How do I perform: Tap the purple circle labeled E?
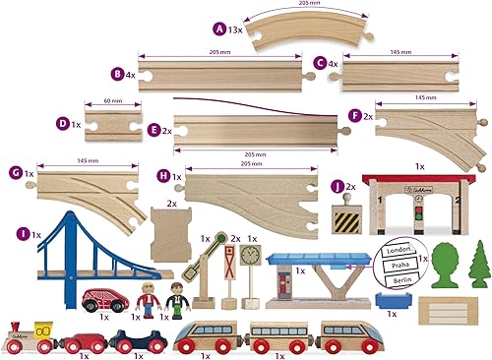pos(153,130)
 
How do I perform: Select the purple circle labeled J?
pos(338,184)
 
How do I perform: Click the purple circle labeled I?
pos(23,234)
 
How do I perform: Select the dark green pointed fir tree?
pos(479,262)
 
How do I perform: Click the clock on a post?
pos(250,258)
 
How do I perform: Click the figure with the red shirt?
pos(149,299)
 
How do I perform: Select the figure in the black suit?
pos(177,299)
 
